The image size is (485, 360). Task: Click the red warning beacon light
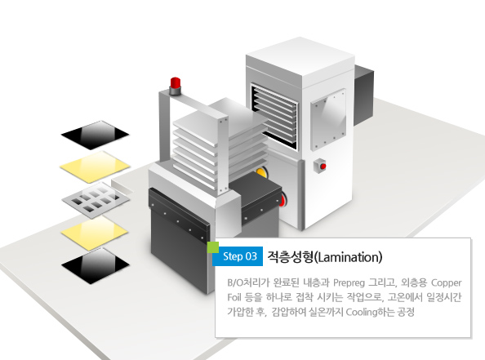pyautogui.click(x=175, y=83)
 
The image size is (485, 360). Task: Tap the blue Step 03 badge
pyautogui.click(x=238, y=256)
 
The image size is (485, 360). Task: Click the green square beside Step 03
pyautogui.click(x=213, y=247)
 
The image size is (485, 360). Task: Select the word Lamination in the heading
pyautogui.click(x=349, y=257)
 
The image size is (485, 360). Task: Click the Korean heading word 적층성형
pyautogui.click(x=290, y=257)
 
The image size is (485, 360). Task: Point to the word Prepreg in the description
pyautogui.click(x=349, y=283)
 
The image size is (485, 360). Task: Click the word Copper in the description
pyautogui.click(x=447, y=283)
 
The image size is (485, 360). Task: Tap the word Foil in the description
pyautogui.click(x=234, y=297)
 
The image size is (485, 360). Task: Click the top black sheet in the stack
pyautogui.click(x=95, y=136)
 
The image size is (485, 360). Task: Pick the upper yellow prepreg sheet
pyautogui.click(x=95, y=167)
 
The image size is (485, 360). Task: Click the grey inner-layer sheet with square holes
pyautogui.click(x=96, y=200)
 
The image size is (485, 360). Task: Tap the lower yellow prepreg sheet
pyautogui.click(x=95, y=233)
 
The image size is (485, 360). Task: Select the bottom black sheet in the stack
pyautogui.click(x=96, y=266)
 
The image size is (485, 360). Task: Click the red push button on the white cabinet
pyautogui.click(x=323, y=167)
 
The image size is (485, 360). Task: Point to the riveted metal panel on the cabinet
pyautogui.click(x=328, y=120)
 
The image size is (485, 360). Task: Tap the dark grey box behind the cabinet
pyautogui.click(x=364, y=96)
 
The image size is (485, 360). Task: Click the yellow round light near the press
pyautogui.click(x=261, y=173)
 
